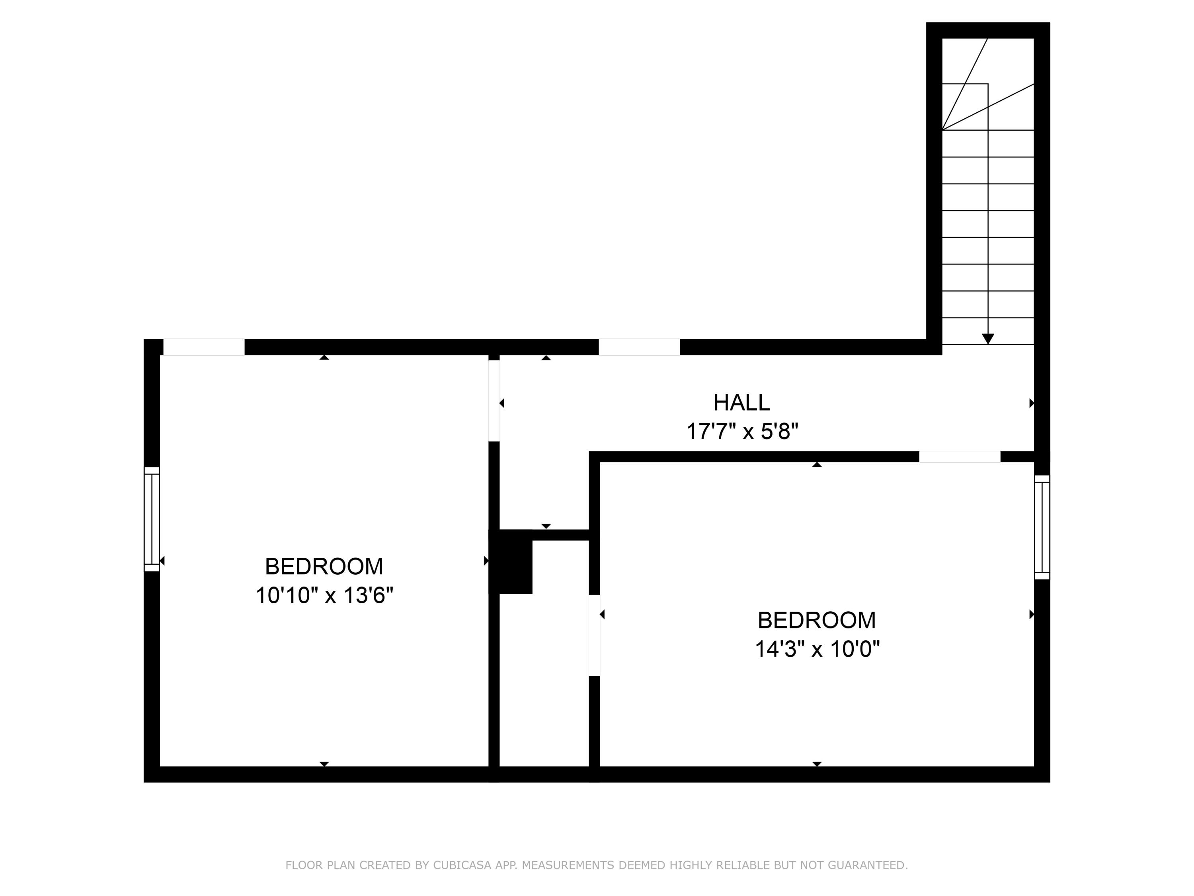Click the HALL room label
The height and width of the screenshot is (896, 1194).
(x=741, y=402)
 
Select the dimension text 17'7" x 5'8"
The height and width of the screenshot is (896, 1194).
(x=741, y=432)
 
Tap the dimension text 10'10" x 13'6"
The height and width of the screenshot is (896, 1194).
(x=324, y=595)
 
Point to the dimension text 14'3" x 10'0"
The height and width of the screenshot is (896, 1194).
(x=817, y=649)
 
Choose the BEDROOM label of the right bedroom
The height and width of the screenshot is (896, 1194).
(x=817, y=620)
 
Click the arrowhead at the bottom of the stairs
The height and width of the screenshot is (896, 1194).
(x=988, y=338)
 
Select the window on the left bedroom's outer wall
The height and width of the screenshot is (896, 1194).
(x=152, y=518)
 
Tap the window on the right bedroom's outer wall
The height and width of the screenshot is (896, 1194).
(x=1042, y=527)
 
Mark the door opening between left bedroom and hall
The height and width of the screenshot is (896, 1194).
(x=494, y=400)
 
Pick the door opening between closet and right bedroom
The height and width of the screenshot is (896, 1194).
(x=594, y=635)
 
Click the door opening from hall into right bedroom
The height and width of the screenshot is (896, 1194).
(x=959, y=456)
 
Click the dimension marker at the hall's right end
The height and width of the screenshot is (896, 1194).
(x=1032, y=403)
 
